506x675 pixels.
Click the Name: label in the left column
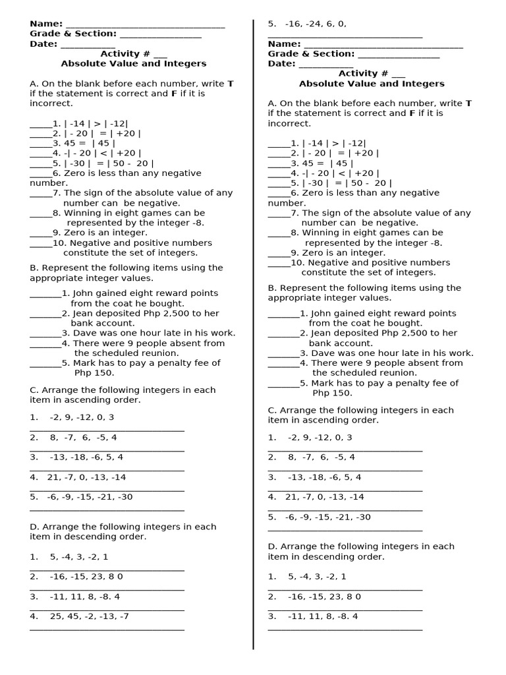(46, 24)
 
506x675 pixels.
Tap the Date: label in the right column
(281, 64)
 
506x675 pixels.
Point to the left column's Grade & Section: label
(72, 34)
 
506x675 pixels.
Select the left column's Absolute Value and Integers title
(134, 64)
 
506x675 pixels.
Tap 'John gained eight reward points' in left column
(145, 293)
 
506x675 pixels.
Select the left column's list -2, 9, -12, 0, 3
(82, 417)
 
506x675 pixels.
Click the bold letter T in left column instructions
(230, 84)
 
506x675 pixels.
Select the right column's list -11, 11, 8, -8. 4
(323, 616)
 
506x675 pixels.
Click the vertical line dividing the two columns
(254, 330)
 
